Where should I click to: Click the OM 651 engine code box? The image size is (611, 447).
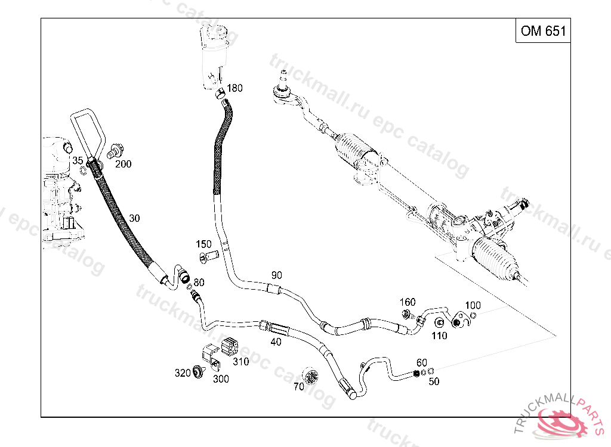tap(543, 31)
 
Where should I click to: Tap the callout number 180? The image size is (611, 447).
tap(234, 88)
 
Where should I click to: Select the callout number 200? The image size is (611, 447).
tap(124, 164)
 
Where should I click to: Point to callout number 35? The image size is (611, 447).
tap(78, 160)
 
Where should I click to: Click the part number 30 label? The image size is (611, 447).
tap(134, 219)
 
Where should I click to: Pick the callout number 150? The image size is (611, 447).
tap(204, 244)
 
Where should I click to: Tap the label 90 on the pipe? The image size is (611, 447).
tap(276, 275)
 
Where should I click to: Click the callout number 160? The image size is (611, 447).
tap(408, 302)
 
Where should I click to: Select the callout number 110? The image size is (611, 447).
tap(439, 336)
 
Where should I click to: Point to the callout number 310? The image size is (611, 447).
tap(241, 361)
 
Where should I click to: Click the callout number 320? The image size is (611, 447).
tap(182, 373)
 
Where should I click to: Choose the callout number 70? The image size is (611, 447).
tap(298, 386)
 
